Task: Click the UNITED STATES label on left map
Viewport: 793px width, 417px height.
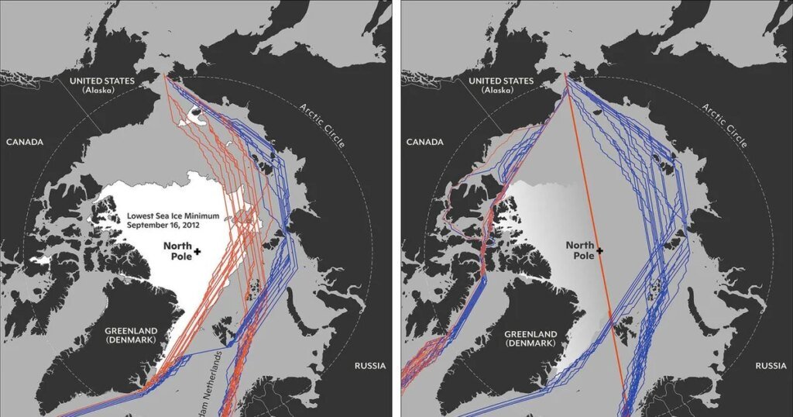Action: point(101,81)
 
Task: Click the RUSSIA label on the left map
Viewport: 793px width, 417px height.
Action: point(371,365)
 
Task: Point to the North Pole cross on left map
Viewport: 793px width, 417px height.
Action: point(197,251)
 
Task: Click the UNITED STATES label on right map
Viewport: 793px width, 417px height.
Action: point(501,81)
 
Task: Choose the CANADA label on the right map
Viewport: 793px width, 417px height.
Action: point(423,142)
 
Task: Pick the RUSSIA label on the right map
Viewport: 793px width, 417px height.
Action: point(771,365)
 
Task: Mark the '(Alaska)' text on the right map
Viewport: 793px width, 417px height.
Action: point(501,91)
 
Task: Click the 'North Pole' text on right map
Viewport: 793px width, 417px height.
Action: point(580,250)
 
